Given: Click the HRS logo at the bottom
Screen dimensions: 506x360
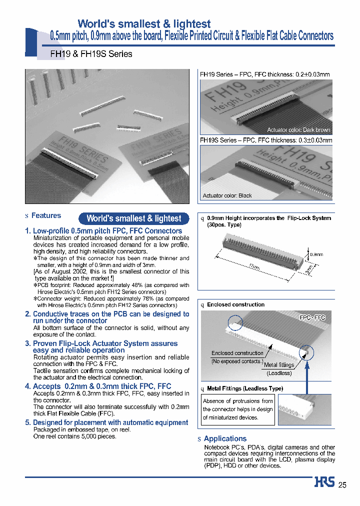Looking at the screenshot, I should pyautogui.click(x=324, y=483).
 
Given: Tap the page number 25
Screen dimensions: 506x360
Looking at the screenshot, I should pyautogui.click(x=342, y=484).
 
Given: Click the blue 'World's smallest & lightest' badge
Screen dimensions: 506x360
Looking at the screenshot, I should pyautogui.click(x=134, y=218).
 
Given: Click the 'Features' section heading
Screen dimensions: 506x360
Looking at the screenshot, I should pyautogui.click(x=46, y=215).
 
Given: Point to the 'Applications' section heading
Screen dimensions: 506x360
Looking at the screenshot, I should pyautogui.click(x=225, y=438).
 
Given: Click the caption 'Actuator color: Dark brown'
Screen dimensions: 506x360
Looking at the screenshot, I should pyautogui.click(x=298, y=130).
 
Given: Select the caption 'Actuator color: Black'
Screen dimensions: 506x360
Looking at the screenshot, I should pyautogui.click(x=227, y=195).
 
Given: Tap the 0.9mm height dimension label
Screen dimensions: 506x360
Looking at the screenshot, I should pyautogui.click(x=316, y=254).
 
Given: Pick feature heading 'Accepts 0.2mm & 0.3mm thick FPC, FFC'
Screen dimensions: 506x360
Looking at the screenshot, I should pyautogui.click(x=102, y=386).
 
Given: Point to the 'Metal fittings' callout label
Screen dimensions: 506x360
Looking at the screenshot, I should pyautogui.click(x=278, y=365).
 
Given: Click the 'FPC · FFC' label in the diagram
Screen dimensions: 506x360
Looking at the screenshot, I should pyautogui.click(x=312, y=317).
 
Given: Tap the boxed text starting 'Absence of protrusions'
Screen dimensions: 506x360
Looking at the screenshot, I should pyautogui.click(x=238, y=409).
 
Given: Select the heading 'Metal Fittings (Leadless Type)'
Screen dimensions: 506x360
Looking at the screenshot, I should pyautogui.click(x=245, y=388).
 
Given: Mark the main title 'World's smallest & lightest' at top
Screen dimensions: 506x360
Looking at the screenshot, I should pyautogui.click(x=144, y=23).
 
